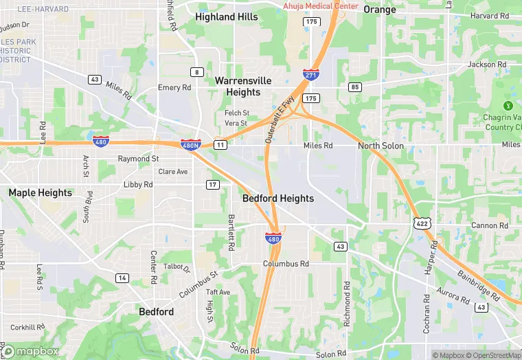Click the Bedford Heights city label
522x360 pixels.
coord(278,199)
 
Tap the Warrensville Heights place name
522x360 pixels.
coord(238,87)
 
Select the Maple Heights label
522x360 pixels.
coord(40,193)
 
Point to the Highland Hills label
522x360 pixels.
coord(227,16)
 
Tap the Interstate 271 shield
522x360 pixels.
coord(310,74)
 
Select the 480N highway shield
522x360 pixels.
coord(191,144)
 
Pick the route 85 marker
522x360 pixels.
coord(355,87)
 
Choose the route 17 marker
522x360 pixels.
coord(213,184)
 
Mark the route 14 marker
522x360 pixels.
coord(122,278)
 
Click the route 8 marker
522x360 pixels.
coord(197,72)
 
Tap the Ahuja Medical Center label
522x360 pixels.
coord(321,6)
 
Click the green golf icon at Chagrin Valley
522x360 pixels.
coord(508,106)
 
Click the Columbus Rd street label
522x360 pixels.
coord(286,264)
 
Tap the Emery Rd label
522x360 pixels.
coord(174,88)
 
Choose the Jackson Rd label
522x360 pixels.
coord(487,65)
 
